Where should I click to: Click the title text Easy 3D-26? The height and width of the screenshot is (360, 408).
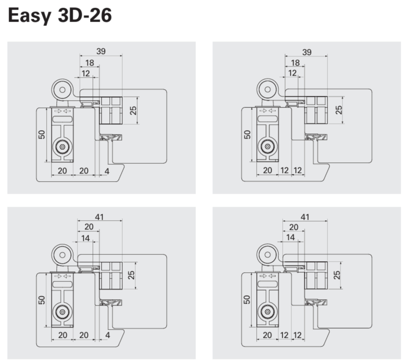coord(60,16)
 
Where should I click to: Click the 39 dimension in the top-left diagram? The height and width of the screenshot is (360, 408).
coord(101,51)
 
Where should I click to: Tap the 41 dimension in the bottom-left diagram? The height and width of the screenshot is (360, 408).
coord(99,217)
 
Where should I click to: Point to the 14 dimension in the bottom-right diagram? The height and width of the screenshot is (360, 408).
coord(290,237)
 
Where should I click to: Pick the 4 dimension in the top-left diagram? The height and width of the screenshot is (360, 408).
coord(107,171)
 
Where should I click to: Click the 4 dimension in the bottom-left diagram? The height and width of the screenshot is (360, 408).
coord(107,335)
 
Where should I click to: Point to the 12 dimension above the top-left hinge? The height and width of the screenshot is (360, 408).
coord(86,73)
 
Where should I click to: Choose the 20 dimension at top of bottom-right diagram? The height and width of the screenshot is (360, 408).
coord(293,227)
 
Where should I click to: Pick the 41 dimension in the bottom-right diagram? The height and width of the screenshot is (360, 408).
coord(304,217)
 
